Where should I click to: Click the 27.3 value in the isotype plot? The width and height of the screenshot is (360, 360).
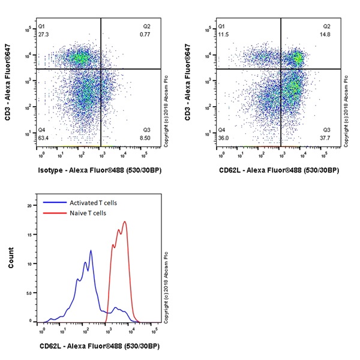43,35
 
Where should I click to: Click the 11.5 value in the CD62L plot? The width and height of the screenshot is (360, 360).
222,35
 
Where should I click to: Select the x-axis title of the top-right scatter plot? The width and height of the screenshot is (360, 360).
280,170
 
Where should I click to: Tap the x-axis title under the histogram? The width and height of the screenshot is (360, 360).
100,346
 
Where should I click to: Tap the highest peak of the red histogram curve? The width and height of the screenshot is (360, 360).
125,221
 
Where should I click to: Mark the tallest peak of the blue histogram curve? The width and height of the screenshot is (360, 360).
91,250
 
